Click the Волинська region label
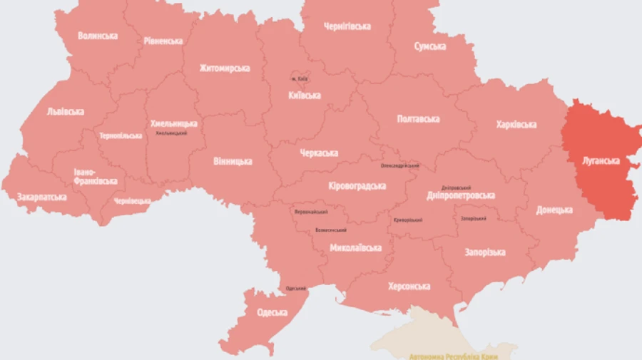point(98,36)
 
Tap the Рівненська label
point(163,41)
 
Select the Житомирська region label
point(225,68)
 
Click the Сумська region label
point(430,46)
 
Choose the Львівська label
point(65,111)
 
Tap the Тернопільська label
point(121,135)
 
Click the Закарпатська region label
point(42,196)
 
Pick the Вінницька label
point(233,161)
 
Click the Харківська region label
point(516,125)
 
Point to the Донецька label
point(554,210)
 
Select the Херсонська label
point(409,287)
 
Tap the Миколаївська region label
point(355,248)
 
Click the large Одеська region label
point(272,313)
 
